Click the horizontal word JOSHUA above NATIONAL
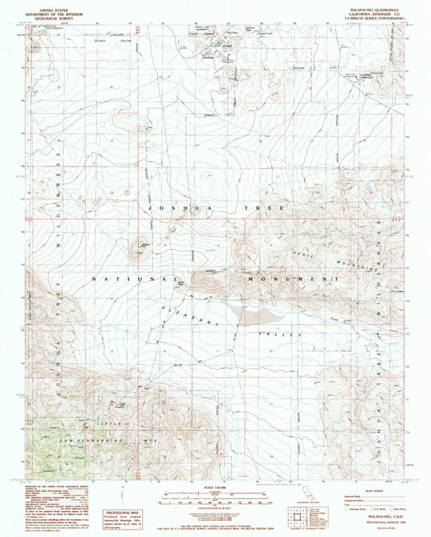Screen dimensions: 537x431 [x=169, y=208]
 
